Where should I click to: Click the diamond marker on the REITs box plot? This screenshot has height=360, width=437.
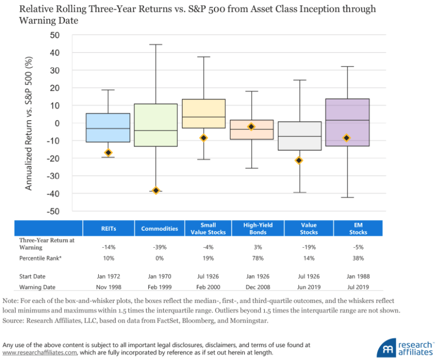pos(108,153)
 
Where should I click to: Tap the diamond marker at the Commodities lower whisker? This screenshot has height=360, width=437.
pos(156,190)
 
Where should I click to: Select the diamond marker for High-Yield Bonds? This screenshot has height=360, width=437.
pos(251,127)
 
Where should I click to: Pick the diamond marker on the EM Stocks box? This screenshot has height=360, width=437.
pos(346,138)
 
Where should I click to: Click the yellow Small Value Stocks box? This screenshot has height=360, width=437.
pos(204,113)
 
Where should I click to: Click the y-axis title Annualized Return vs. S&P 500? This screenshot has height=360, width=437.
pos(29,123)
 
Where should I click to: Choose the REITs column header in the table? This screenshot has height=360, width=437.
pos(108,229)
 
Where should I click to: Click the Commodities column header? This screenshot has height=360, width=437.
pos(159,229)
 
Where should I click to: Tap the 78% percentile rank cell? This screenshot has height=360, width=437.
pos(255,258)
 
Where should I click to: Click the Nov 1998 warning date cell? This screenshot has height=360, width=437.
pos(108,286)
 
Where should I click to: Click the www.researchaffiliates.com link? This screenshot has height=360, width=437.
pos(41,353)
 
